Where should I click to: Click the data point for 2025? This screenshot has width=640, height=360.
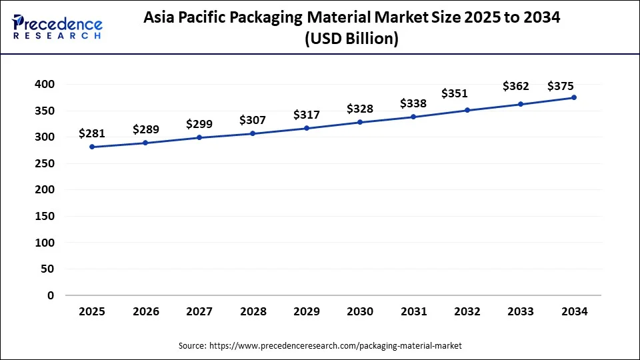click(x=92, y=147)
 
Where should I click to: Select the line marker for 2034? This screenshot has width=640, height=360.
click(x=574, y=97)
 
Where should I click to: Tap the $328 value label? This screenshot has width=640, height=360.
click(x=360, y=109)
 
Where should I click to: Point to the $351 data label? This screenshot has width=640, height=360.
click(x=454, y=93)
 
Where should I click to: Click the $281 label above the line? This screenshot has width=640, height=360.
click(x=92, y=133)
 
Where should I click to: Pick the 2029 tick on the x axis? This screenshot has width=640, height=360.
click(x=306, y=311)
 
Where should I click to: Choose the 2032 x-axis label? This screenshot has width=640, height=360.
click(x=467, y=311)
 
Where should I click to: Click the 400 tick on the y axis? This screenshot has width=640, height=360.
click(x=44, y=85)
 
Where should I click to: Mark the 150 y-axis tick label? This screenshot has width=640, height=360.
click(x=44, y=216)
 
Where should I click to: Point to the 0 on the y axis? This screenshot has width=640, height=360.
click(x=50, y=295)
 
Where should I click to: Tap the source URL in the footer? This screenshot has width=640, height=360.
click(x=335, y=346)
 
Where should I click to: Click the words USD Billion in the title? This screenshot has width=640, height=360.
click(x=352, y=39)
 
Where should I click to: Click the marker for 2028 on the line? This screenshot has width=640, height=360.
click(x=253, y=133)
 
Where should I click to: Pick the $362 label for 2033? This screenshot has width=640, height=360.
click(x=516, y=86)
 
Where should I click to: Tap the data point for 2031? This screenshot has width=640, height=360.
click(x=413, y=117)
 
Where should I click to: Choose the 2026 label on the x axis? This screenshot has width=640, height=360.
click(x=145, y=311)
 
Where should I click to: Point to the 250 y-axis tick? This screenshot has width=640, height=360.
click(x=44, y=163)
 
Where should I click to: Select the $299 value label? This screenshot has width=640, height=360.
click(x=199, y=124)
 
